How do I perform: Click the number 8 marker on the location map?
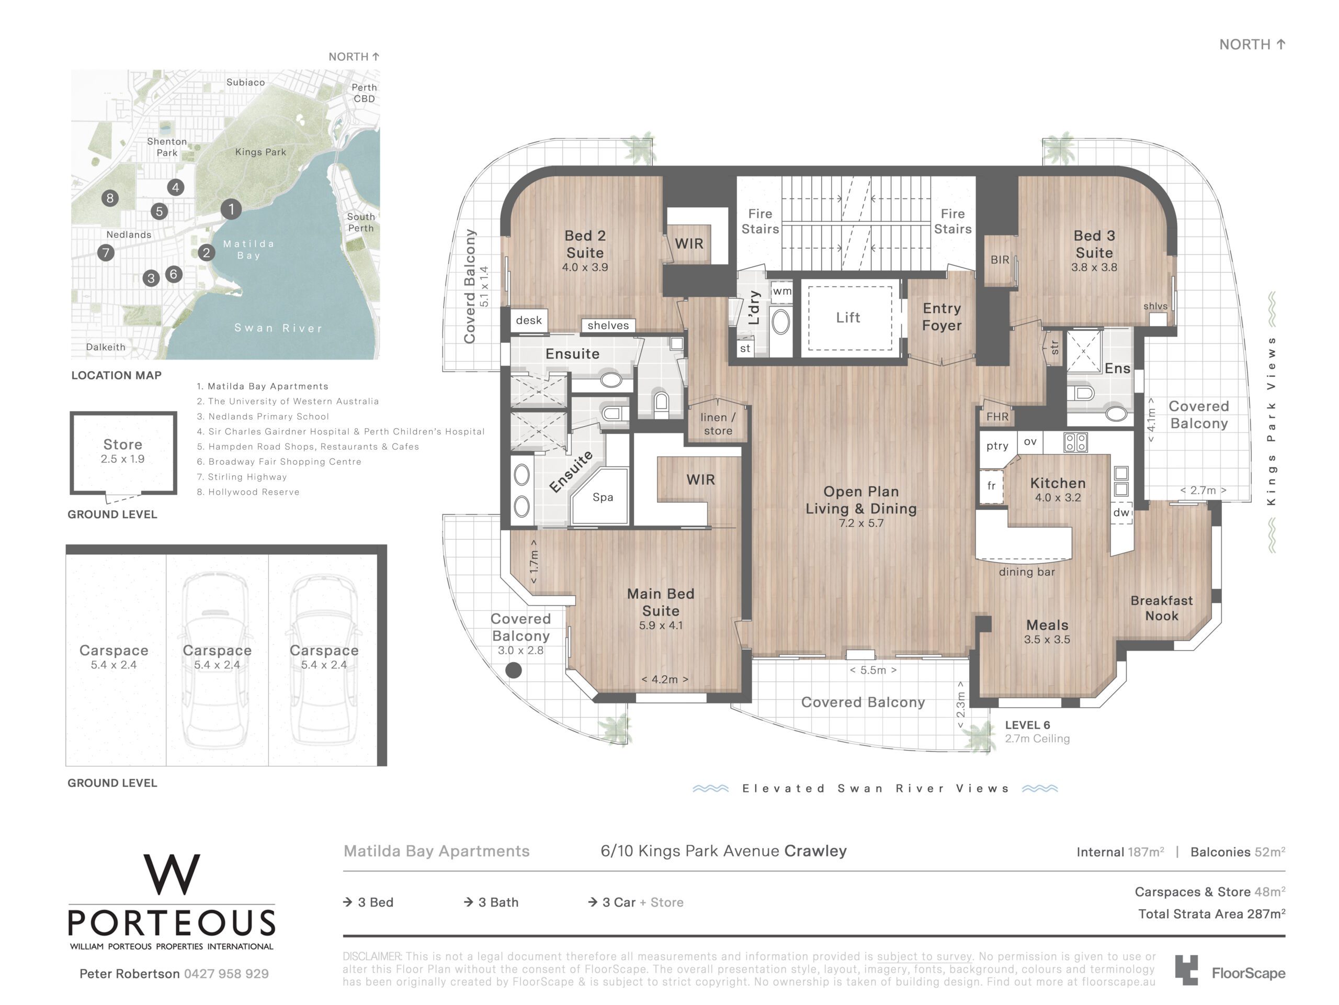pyautogui.click(x=109, y=198)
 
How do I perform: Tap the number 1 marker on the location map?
pyautogui.click(x=231, y=209)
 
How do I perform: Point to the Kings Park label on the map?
pyautogui.click(x=260, y=152)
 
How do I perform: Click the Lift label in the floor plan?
pyautogui.click(x=847, y=317)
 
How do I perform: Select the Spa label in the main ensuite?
pyautogui.click(x=603, y=497)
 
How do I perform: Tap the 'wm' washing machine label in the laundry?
pyautogui.click(x=781, y=292)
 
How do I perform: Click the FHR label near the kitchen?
pyautogui.click(x=997, y=417)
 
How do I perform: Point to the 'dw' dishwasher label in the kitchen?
pyautogui.click(x=1121, y=512)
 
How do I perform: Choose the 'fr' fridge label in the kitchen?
pyautogui.click(x=991, y=486)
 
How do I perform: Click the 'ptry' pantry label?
pyautogui.click(x=997, y=446)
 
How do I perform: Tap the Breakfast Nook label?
pyautogui.click(x=1162, y=608)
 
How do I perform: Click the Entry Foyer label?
pyautogui.click(x=941, y=317)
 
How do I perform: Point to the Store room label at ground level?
pyautogui.click(x=122, y=444)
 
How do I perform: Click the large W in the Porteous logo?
pyautogui.click(x=172, y=874)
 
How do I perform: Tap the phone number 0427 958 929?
pyautogui.click(x=226, y=974)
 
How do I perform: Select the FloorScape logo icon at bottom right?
pyautogui.click(x=1186, y=970)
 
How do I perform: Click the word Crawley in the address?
pyautogui.click(x=815, y=851)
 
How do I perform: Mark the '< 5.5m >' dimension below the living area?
pyautogui.click(x=873, y=670)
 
